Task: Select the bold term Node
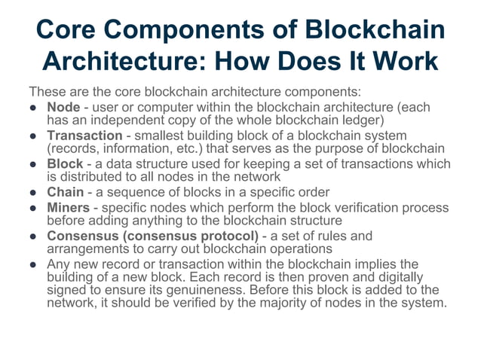(x=63, y=107)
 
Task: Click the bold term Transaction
(x=84, y=136)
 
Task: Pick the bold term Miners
(x=69, y=207)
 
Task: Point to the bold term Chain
(x=66, y=192)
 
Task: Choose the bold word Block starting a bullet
(x=65, y=163)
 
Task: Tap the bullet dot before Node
(x=34, y=107)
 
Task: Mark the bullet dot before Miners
(x=34, y=207)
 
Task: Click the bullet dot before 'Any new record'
(x=34, y=264)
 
